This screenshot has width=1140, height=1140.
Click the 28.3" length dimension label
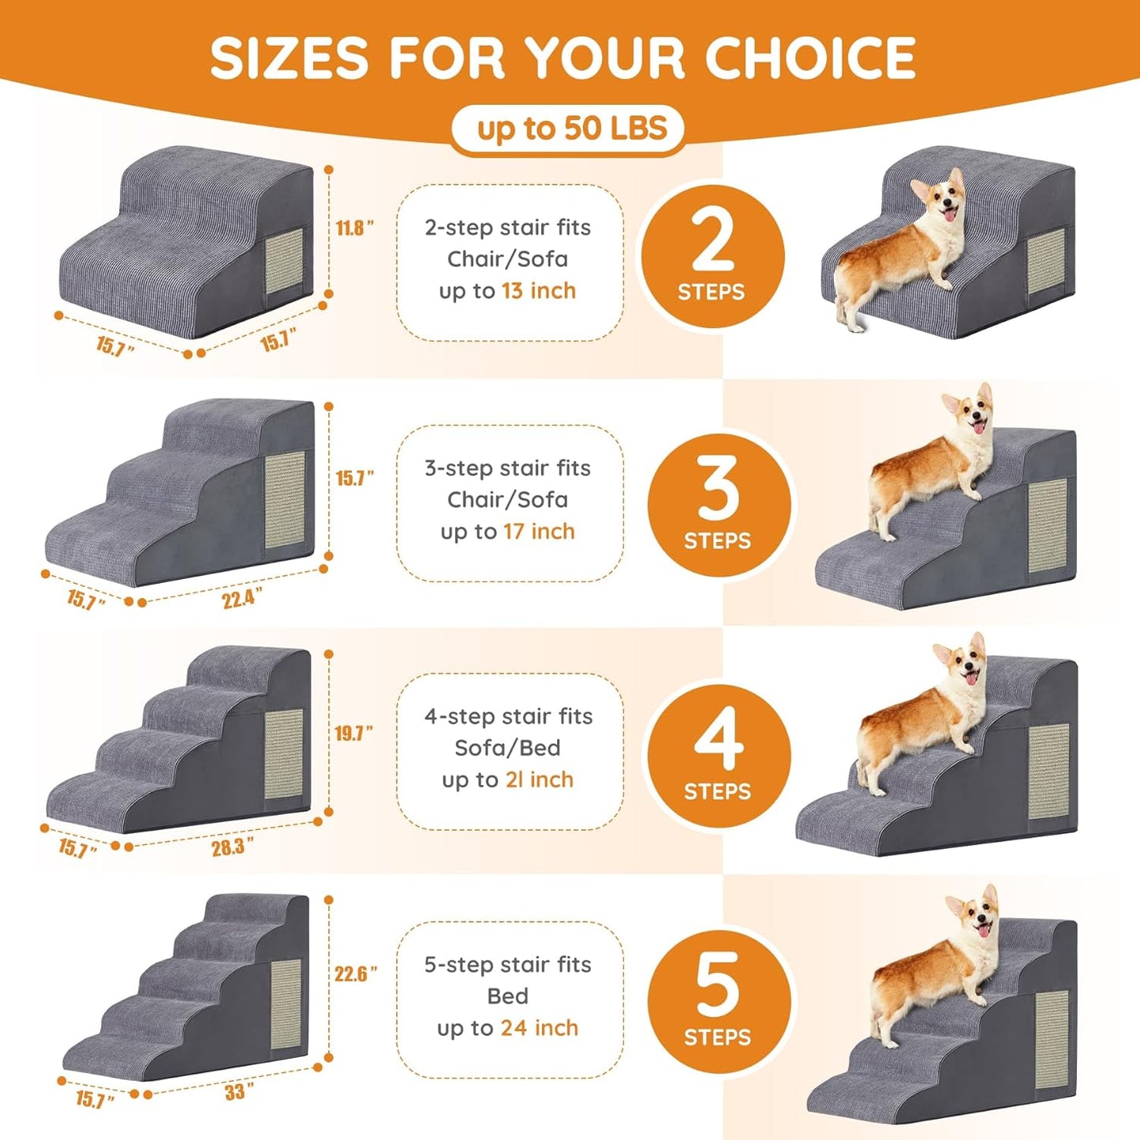click(x=232, y=847)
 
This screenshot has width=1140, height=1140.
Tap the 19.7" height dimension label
click(x=353, y=734)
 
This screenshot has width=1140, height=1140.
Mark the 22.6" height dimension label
click(x=355, y=974)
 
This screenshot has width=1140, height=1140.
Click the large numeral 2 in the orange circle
click(x=712, y=242)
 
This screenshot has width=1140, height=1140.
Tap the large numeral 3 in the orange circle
click(x=718, y=488)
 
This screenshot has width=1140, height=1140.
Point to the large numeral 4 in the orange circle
click(x=719, y=738)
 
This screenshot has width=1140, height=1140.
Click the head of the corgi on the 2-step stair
click(x=942, y=199)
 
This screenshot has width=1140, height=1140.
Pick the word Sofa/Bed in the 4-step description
click(x=507, y=748)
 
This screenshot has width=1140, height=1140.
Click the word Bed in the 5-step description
click(x=507, y=996)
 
